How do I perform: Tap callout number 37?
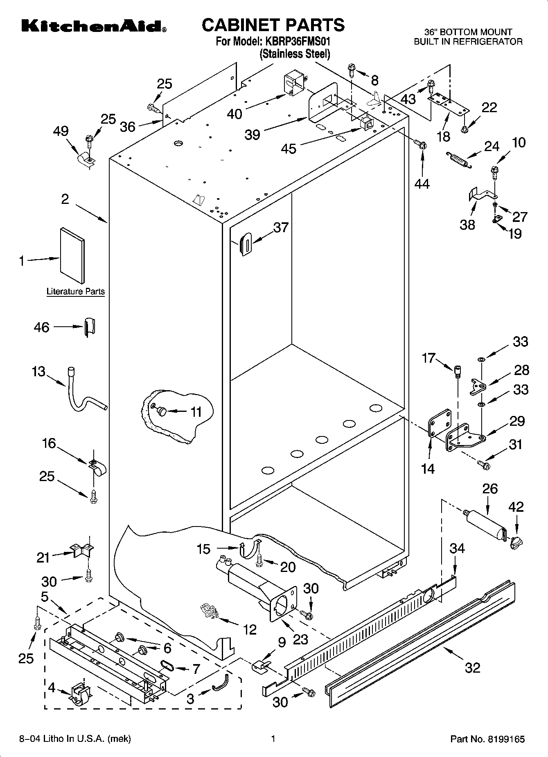click(x=281, y=228)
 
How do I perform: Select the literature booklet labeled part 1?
click(x=72, y=255)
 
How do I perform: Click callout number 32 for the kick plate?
click(x=473, y=668)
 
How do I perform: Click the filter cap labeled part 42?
click(x=516, y=543)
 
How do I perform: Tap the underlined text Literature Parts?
click(x=76, y=292)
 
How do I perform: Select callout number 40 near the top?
click(x=235, y=113)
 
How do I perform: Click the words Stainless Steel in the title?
click(x=295, y=54)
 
